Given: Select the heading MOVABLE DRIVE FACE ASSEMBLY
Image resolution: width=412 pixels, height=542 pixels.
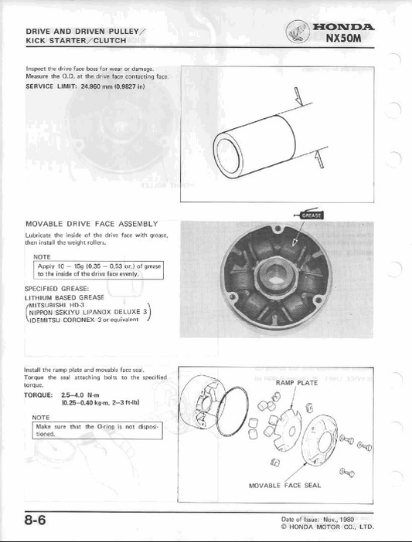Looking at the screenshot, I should click(x=91, y=223).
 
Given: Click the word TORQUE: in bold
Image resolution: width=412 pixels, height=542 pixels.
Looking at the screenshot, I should click(x=39, y=395).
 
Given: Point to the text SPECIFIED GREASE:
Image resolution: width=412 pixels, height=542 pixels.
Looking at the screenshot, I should click(x=58, y=287).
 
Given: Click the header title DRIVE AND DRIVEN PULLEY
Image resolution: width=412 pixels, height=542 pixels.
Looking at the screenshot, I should click(x=82, y=30).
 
